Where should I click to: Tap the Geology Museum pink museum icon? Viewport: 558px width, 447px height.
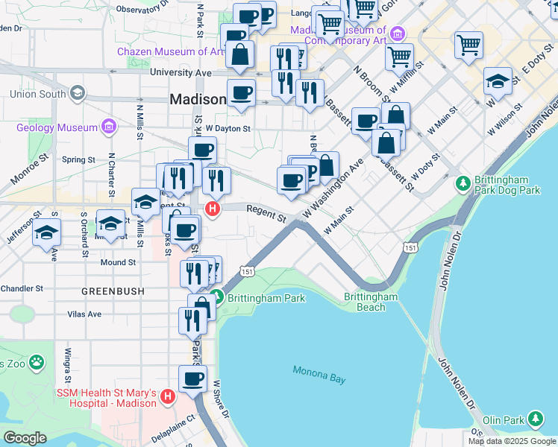pos(110,127)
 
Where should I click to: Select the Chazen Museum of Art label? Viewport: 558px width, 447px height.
pos(169,51)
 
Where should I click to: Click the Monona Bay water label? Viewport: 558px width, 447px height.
pos(319,375)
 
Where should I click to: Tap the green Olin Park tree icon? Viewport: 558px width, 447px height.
pos(535,419)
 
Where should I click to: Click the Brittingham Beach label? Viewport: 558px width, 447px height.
pos(370,301)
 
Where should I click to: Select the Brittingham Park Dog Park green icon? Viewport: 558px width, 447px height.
pos(463,183)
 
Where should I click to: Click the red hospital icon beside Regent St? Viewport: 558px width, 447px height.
pos(213,209)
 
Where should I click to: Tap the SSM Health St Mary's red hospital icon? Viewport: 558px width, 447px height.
pos(168,396)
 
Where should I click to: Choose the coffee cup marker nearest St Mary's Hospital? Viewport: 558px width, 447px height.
pos(192,378)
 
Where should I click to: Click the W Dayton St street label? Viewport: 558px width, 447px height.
pos(228,128)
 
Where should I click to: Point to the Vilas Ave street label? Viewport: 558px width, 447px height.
pos(84,314)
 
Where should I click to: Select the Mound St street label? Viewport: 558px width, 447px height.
pos(118,262)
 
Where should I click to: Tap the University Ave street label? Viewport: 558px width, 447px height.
pos(181,72)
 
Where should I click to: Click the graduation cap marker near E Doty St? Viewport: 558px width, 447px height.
pos(498,80)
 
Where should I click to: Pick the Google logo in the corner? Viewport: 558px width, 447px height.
pos(24,438)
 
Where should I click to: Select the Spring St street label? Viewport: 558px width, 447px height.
pos(78,159)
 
